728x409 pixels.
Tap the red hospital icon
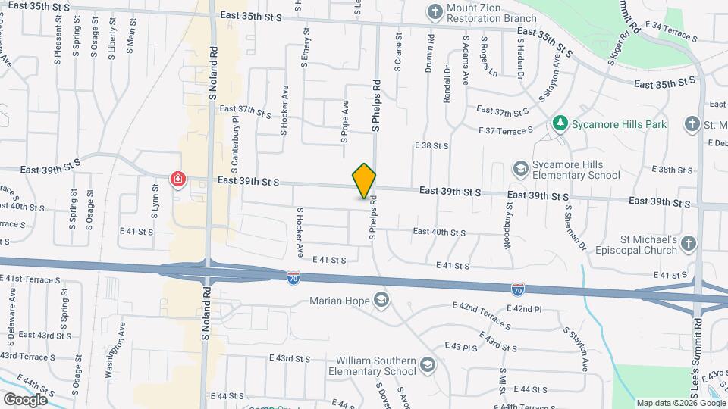[x=178, y=180]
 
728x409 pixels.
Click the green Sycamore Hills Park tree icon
[x=560, y=123]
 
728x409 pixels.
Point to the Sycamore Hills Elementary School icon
[x=520, y=167]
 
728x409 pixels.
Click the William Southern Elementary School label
[x=372, y=366]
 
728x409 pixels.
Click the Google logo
[x=24, y=400]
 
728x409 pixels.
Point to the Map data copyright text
[x=680, y=403]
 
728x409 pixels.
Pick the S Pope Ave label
[x=344, y=122]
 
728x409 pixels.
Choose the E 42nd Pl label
[x=528, y=309]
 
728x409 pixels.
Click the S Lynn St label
[x=155, y=204]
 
